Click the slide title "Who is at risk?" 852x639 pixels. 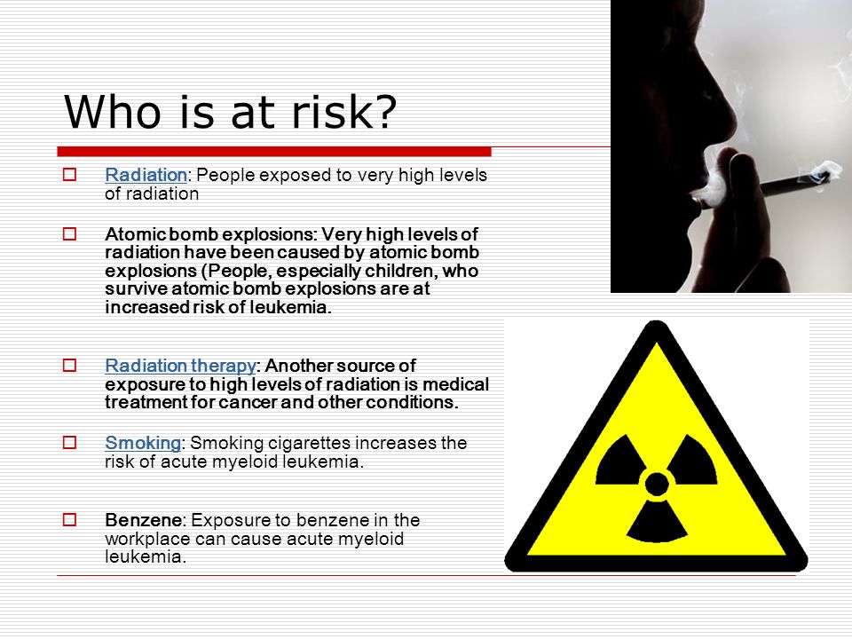coord(231,112)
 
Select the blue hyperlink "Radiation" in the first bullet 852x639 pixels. coord(146,175)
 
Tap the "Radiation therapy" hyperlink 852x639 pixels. coord(180,366)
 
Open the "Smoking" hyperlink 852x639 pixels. coord(143,443)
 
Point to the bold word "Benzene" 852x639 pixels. coord(144,520)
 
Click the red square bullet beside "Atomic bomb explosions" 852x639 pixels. coord(69,233)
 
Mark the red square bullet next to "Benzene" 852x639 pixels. coord(69,519)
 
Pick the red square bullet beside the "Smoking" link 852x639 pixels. coord(69,442)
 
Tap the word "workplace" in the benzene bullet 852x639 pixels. coord(147,539)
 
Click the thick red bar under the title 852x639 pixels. coord(274,152)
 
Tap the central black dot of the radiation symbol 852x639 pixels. coord(657,484)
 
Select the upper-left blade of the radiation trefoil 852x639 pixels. coord(620,461)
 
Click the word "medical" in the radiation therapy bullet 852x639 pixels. coord(456,384)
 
